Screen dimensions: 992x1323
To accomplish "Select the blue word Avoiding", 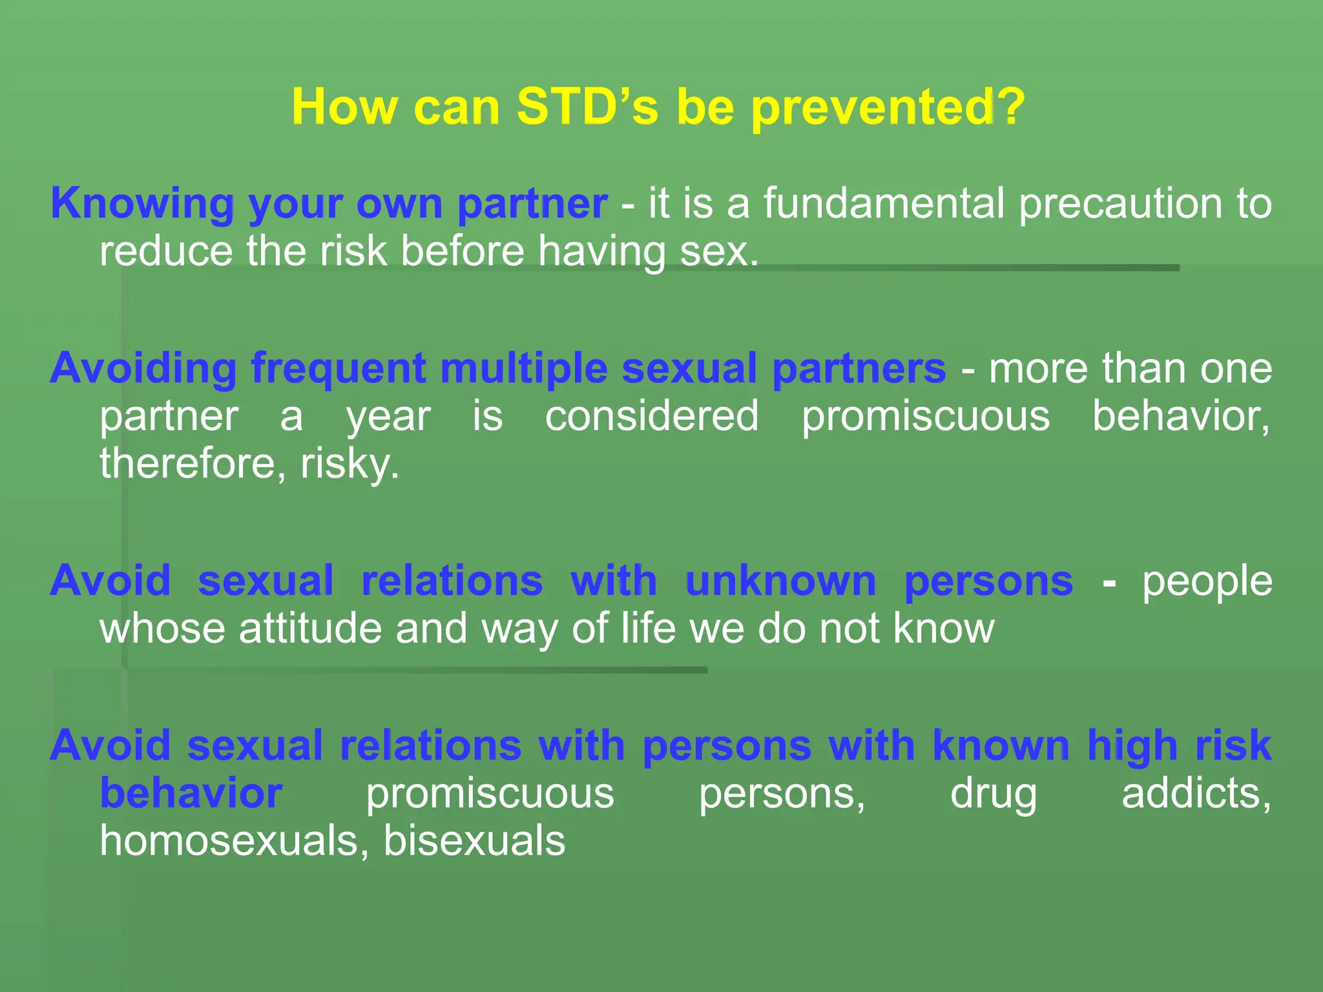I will [x=143, y=369].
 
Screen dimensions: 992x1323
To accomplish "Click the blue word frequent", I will [x=339, y=369].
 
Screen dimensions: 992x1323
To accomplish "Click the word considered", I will [x=652, y=416].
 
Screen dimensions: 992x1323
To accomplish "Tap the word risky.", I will [x=349, y=464].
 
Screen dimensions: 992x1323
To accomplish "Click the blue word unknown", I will [x=780, y=581].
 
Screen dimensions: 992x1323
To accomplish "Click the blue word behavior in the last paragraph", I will [x=191, y=793].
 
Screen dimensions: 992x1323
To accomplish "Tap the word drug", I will [x=993, y=794].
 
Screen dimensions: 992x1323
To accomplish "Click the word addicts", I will [x=1196, y=793].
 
